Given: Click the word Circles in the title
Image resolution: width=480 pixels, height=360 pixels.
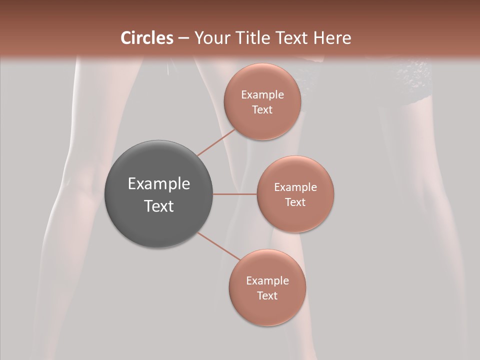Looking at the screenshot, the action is click(x=146, y=38).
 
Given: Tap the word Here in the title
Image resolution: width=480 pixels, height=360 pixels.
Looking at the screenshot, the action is click(x=332, y=38).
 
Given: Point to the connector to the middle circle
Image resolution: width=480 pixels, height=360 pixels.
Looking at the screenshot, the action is click(x=234, y=194).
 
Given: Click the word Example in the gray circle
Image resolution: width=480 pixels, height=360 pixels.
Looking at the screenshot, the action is click(x=159, y=184).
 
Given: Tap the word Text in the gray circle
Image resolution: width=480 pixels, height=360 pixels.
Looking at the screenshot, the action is click(x=159, y=206).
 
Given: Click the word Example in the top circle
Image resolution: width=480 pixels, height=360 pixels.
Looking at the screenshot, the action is click(x=262, y=95).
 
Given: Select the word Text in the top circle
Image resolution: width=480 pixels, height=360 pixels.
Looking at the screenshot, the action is click(x=262, y=109).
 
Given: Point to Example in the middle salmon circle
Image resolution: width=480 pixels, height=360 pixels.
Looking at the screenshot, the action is click(x=295, y=187).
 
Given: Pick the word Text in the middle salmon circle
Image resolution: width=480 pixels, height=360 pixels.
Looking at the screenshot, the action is click(x=295, y=202).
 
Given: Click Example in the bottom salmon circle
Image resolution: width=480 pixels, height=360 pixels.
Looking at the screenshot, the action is click(x=267, y=281).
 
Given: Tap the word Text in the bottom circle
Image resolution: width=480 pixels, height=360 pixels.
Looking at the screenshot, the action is click(x=267, y=295).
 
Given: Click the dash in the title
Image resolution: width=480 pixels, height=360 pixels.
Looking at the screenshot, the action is click(x=183, y=38).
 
